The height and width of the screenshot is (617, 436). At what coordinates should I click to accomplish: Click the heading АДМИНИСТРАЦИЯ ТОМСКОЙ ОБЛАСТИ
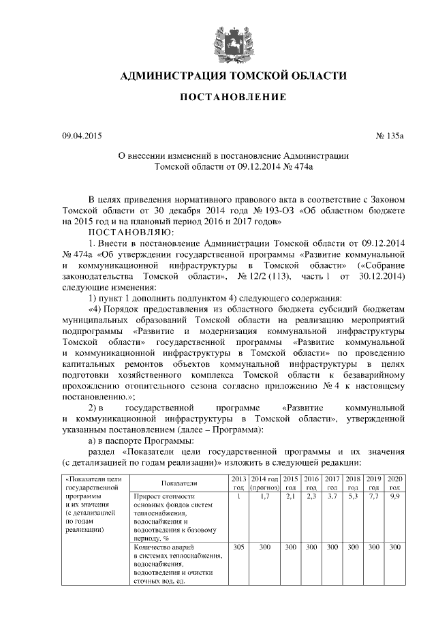pyautogui.click(x=228, y=76)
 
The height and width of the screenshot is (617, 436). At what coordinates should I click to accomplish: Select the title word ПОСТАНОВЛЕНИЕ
pyautogui.click(x=228, y=98)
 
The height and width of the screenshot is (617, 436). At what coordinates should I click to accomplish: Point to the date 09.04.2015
pyautogui.click(x=82, y=134)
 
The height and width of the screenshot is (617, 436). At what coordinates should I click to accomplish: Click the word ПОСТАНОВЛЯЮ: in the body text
pyautogui.click(x=126, y=232)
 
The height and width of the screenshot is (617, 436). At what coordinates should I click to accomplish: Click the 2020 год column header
pyautogui.click(x=395, y=483)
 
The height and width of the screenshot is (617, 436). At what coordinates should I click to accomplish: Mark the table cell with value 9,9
pyautogui.click(x=395, y=497)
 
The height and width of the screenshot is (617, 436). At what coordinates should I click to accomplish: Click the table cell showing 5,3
pyautogui.click(x=353, y=497)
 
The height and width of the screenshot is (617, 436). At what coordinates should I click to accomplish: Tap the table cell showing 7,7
pyautogui.click(x=374, y=497)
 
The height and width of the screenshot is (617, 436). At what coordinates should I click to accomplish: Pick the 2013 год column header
pyautogui.click(x=238, y=483)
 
